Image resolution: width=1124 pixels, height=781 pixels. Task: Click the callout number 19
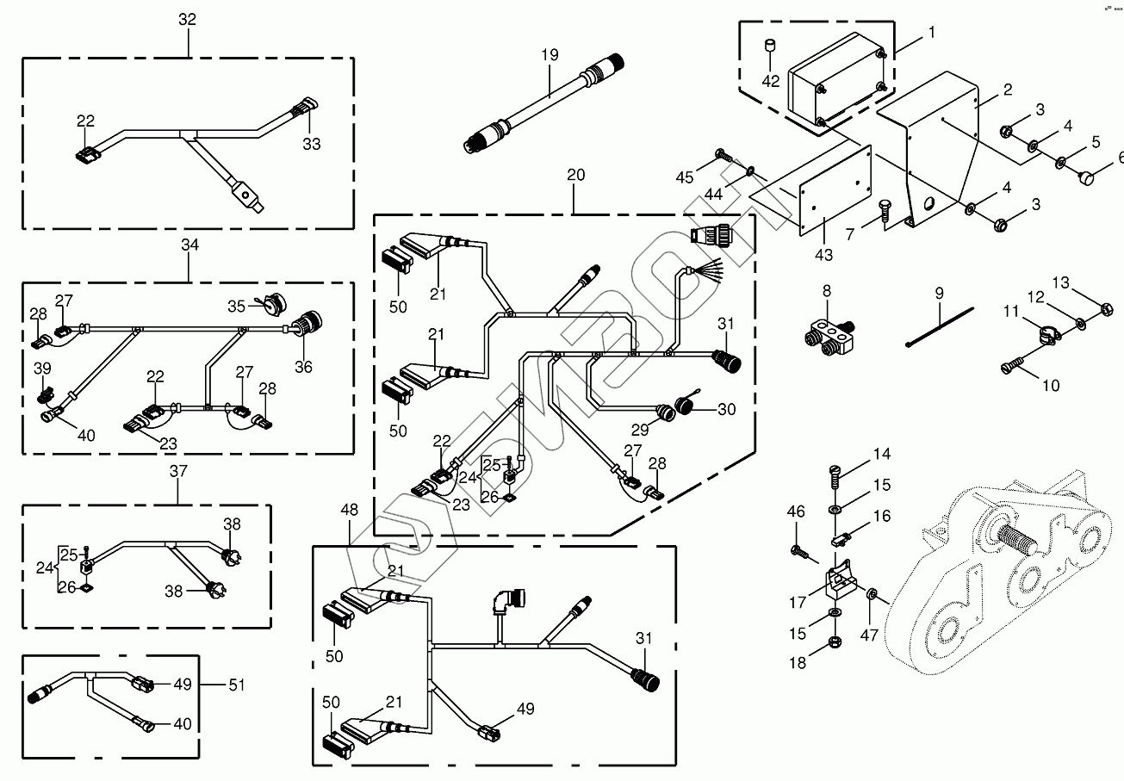click(550, 55)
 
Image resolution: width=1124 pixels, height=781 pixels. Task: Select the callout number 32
click(188, 20)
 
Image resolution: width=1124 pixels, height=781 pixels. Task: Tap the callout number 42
click(772, 82)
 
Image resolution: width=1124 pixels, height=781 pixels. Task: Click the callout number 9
click(940, 294)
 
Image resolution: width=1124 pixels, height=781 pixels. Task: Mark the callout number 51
click(236, 685)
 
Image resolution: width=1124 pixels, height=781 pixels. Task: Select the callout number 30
click(727, 410)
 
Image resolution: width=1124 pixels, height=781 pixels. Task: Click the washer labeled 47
click(872, 594)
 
